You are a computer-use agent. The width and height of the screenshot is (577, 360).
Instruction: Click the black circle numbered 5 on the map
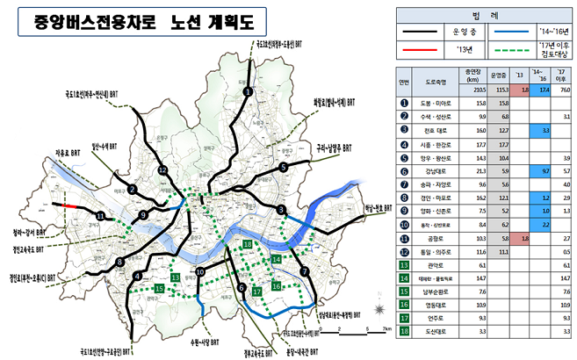[x=283, y=166]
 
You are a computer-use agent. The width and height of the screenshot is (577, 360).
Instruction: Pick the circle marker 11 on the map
[x=101, y=216]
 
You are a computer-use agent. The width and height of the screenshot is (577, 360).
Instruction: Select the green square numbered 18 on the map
[x=248, y=243]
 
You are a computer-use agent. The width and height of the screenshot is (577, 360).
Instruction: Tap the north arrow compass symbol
[x=378, y=309]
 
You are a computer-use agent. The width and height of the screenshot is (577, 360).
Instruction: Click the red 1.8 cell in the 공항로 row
[x=523, y=239]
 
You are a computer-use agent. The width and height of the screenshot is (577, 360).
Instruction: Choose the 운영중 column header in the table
[x=498, y=77]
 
